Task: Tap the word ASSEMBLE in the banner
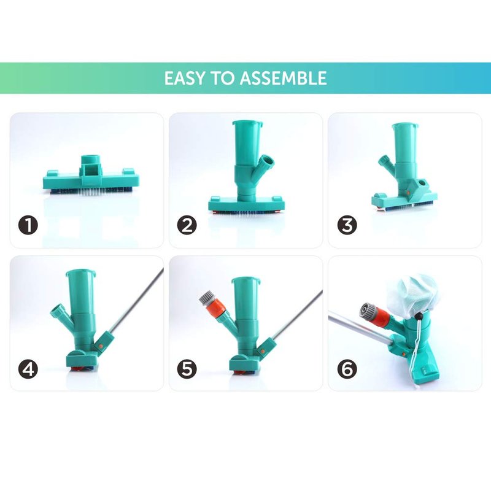click(284, 79)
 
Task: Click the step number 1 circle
click(28, 225)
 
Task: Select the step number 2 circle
click(187, 225)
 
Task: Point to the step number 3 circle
click(347, 225)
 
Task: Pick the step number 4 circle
click(28, 369)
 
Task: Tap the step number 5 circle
click(187, 369)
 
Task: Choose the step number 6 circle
click(347, 369)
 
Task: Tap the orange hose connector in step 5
click(214, 309)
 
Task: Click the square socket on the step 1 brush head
click(93, 170)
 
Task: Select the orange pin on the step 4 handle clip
click(101, 346)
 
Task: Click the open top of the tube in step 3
click(404, 125)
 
